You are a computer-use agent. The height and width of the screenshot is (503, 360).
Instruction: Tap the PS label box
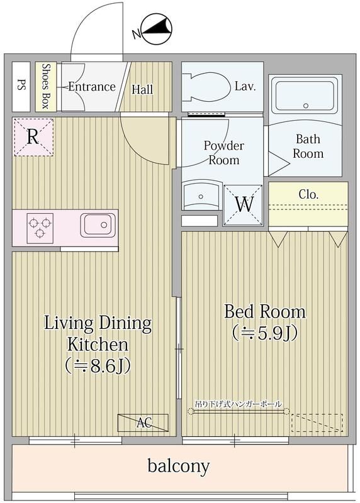[x=20, y=87]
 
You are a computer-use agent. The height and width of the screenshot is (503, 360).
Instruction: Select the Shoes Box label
[x=46, y=87]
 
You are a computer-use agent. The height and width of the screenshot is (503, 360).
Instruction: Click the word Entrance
[x=91, y=87]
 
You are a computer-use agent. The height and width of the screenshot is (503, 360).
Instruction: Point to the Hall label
[x=142, y=89]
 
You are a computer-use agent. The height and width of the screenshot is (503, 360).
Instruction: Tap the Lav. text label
[x=244, y=87]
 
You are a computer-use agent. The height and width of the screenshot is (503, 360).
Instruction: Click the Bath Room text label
[x=308, y=146]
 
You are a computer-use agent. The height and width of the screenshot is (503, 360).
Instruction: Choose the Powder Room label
[x=224, y=152]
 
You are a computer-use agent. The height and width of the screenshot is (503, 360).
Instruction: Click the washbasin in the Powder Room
[x=201, y=196]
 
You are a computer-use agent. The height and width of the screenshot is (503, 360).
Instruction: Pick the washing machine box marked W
[x=243, y=204]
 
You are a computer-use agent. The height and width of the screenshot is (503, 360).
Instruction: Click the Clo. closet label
[x=308, y=194]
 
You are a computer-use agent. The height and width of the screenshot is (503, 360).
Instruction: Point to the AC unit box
[x=143, y=423]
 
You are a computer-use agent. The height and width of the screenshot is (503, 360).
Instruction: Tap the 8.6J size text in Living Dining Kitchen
[x=98, y=366]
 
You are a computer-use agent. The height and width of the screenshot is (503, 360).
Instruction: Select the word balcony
[x=179, y=466]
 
